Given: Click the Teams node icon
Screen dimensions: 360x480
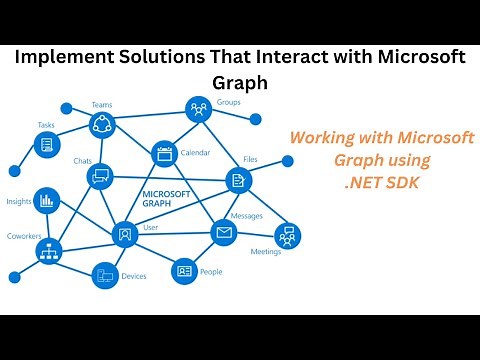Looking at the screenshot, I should pos(102,124).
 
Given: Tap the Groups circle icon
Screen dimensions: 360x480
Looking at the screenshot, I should pos(198,110).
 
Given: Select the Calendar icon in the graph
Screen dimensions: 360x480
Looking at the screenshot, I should pos(164,154).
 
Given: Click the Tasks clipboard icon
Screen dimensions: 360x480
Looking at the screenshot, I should pos(46,145).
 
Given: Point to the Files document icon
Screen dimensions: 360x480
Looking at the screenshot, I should pos(238,180).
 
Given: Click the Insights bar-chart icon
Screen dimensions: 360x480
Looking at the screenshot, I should pos(46,200).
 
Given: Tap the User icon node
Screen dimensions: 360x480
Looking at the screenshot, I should pos(125,234).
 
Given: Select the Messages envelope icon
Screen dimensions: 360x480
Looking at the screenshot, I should pos(223,233).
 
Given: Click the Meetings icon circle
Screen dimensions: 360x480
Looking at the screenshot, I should pos(288,236).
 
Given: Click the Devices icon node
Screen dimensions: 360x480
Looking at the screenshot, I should pos(105,275).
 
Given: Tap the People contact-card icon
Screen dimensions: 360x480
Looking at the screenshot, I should pos(184,270).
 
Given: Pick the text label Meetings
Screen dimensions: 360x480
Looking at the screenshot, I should pos(266,252).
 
